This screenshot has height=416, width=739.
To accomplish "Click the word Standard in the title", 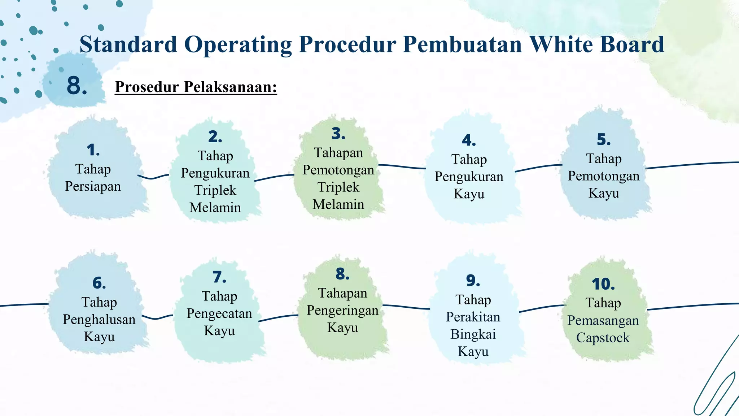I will [x=128, y=44].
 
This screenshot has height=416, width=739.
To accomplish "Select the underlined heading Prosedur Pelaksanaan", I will [x=196, y=87].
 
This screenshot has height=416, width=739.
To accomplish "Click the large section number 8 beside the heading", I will [x=76, y=86].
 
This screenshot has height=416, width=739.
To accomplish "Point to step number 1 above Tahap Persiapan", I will [x=93, y=150].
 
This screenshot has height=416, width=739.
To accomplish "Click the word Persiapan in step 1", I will [x=93, y=186].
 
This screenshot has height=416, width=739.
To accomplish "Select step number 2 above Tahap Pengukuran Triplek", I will [x=215, y=137].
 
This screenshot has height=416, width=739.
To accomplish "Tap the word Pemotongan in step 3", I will [x=338, y=170].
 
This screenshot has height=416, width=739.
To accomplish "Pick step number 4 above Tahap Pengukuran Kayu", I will [x=469, y=140].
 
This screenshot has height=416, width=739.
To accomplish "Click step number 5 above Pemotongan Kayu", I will [x=604, y=139].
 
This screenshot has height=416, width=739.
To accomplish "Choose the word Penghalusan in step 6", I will [x=99, y=320].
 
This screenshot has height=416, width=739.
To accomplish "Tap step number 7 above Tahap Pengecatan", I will [x=219, y=277].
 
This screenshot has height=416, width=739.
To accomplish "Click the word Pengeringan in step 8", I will [x=342, y=310].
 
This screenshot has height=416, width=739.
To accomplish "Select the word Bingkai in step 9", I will [x=473, y=334].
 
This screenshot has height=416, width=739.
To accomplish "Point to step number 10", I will [x=603, y=284].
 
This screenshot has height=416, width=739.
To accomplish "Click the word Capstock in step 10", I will [x=603, y=338].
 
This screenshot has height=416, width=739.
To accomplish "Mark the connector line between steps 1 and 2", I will [x=153, y=177].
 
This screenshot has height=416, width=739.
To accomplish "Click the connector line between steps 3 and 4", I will [x=402, y=166].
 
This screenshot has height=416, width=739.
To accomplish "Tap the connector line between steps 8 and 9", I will [x=406, y=307].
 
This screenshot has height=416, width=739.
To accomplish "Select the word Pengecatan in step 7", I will [x=219, y=313].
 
